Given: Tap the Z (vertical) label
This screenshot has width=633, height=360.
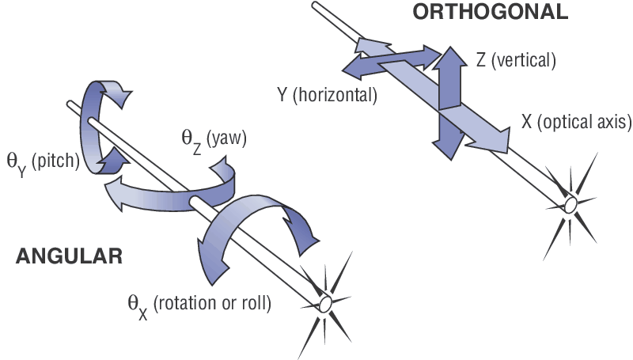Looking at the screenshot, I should click(x=517, y=60).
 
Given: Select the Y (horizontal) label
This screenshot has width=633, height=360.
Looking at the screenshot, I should click(x=327, y=95).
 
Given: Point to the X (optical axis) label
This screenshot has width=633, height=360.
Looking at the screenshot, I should click(x=576, y=122).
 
